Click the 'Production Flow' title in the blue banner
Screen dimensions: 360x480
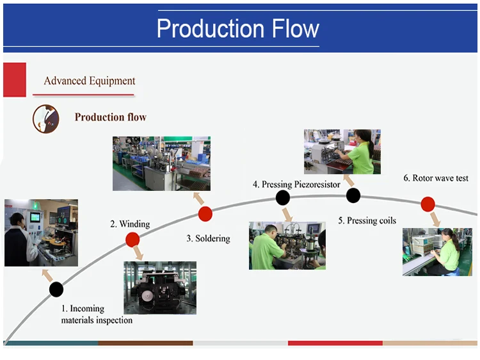click(x=237, y=29)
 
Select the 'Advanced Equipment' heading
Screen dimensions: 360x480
click(x=90, y=81)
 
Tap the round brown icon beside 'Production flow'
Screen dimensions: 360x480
click(x=46, y=119)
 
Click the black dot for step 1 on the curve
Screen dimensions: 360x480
click(x=56, y=289)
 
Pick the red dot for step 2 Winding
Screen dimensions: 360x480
click(x=132, y=240)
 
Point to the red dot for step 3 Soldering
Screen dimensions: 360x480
click(x=205, y=214)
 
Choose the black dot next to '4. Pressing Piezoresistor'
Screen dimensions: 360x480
click(x=283, y=198)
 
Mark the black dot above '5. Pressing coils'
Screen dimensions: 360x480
click(x=353, y=195)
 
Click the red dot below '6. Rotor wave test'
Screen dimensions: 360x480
click(x=428, y=204)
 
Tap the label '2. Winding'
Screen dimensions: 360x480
click(x=130, y=224)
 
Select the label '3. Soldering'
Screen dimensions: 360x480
click(x=208, y=238)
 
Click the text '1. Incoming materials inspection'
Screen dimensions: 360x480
click(x=97, y=315)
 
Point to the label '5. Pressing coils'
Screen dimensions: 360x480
click(x=367, y=220)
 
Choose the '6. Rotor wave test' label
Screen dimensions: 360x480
click(x=436, y=178)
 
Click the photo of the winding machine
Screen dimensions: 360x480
click(x=160, y=288)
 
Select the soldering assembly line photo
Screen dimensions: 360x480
click(x=161, y=163)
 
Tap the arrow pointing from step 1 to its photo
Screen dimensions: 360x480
click(x=47, y=275)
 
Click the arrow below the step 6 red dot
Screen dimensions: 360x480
click(x=435, y=219)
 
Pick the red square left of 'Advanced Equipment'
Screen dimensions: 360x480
click(x=14, y=80)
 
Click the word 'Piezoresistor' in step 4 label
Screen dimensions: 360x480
click(x=317, y=184)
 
